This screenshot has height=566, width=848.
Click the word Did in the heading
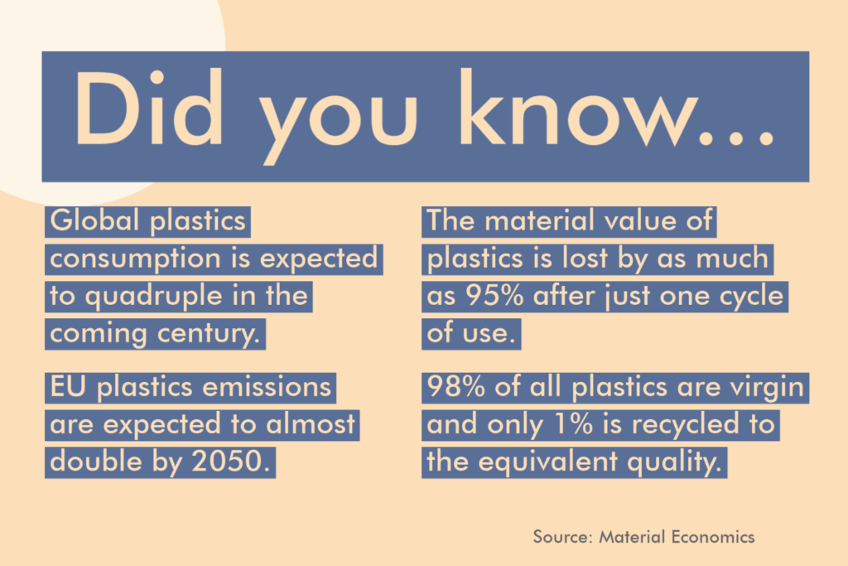(149, 108)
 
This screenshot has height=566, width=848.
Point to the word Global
(95, 220)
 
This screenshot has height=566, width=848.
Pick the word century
(209, 334)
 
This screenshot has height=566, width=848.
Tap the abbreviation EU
(68, 387)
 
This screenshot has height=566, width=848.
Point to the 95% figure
(495, 296)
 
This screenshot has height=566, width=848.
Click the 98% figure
(456, 387)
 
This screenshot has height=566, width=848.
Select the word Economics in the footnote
(713, 537)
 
